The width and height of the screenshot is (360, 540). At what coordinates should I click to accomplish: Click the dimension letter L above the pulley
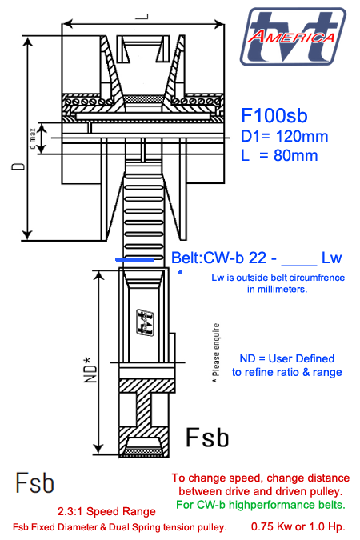pyautogui.click(x=142, y=14)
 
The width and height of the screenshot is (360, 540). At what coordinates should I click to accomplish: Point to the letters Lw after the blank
pyautogui.click(x=331, y=258)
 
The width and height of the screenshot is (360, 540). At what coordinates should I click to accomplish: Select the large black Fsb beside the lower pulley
pyautogui.click(x=207, y=438)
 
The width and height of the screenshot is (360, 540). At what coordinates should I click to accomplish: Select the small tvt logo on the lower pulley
pyautogui.click(x=146, y=322)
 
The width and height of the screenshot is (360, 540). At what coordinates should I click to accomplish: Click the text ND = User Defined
pyautogui.click(x=287, y=358)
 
